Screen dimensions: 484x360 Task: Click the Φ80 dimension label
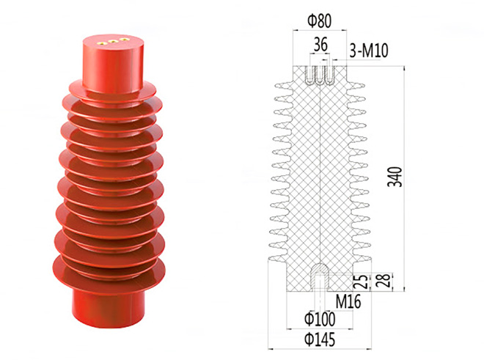(319, 21)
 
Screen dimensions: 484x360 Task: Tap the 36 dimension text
(320, 45)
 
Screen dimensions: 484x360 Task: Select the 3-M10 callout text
(369, 51)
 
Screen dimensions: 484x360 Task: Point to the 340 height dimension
(395, 177)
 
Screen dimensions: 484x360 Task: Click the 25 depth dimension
(362, 282)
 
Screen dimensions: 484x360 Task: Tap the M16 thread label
(348, 301)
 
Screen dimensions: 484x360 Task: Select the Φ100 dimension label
(320, 319)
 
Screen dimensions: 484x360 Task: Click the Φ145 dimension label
(320, 339)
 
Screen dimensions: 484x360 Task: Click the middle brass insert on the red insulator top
(113, 41)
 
